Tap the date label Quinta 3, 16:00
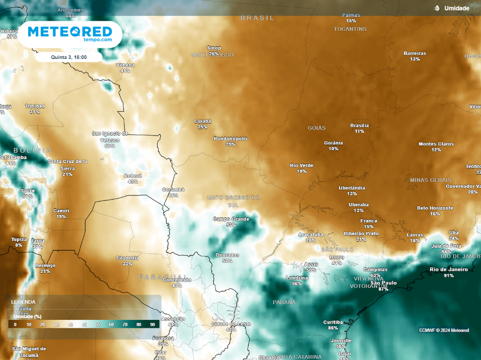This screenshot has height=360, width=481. [69, 57]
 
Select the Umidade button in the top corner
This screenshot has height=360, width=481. [452, 8]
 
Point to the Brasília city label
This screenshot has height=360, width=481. [359, 125]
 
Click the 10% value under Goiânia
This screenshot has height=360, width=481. [333, 149]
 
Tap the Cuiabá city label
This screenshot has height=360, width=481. [202, 121]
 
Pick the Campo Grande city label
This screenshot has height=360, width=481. [231, 219]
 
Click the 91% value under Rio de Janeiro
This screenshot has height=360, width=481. [449, 275]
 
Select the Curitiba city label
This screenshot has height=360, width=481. [333, 322]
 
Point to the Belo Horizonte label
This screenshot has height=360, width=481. [435, 208]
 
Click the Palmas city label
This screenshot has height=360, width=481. [351, 15]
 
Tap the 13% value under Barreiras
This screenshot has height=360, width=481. [415, 59]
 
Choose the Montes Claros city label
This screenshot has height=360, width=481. [436, 144]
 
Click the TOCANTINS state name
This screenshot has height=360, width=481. [350, 29]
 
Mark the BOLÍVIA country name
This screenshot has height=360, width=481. [32, 150]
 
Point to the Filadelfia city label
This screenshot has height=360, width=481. [127, 258]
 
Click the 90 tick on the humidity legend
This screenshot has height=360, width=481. [153, 325]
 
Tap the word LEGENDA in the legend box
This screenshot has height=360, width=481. [23, 302]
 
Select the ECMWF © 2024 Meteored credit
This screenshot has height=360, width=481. [444, 330]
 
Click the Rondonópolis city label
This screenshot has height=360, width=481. [230, 139]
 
